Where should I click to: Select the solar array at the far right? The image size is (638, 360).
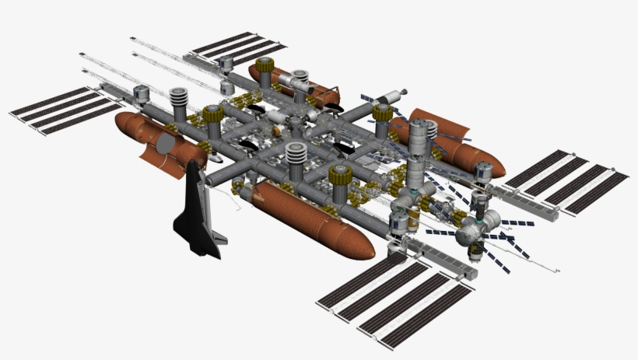tap(566, 180)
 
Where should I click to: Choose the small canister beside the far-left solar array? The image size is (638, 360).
tap(141, 94)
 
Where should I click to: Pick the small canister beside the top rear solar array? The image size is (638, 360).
tap(226, 63)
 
